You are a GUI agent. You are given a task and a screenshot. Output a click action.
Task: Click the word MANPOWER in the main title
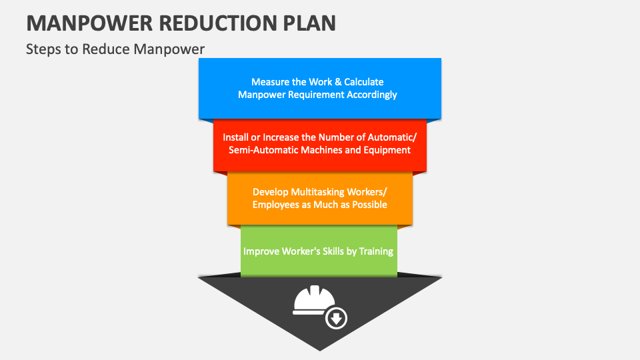pyautogui.click(x=89, y=23)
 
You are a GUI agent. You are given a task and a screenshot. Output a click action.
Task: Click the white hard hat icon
pyautogui.click(x=313, y=300)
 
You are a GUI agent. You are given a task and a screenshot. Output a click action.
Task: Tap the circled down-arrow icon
pyautogui.click(x=336, y=319)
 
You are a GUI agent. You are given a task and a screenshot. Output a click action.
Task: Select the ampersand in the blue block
pyautogui.click(x=338, y=82)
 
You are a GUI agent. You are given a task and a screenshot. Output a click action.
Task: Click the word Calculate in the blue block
pyautogui.click(x=364, y=82)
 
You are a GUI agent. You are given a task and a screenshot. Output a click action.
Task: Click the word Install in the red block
pyautogui.click(x=235, y=137)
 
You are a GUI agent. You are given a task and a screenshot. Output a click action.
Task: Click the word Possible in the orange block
pyautogui.click(x=369, y=205)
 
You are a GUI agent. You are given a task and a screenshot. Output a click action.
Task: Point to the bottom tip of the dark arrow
pyautogui.click(x=320, y=351)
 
